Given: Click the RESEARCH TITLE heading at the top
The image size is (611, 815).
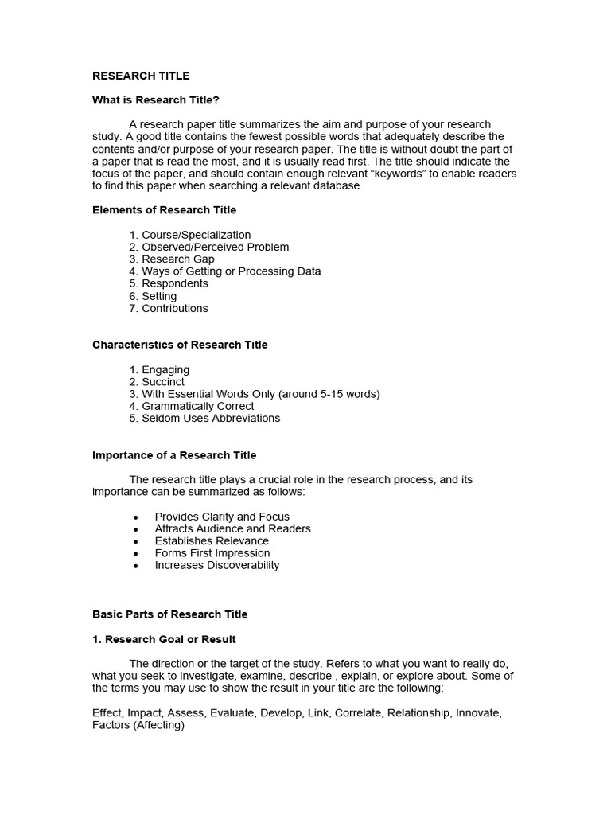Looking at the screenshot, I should [x=141, y=76].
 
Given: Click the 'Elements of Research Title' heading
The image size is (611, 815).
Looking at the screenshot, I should [x=164, y=210].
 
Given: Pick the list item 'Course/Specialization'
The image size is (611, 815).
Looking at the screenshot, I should [x=196, y=235].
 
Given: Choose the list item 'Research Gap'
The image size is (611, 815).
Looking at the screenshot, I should [x=177, y=259].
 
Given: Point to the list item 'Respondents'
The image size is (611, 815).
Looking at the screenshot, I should [x=174, y=283].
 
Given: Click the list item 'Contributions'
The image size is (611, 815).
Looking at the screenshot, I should [x=174, y=308].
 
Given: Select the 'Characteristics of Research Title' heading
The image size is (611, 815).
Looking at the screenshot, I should [x=180, y=345].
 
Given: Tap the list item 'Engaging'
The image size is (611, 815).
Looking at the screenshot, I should [x=165, y=369].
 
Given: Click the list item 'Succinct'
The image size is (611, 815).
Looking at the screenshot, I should [x=163, y=381].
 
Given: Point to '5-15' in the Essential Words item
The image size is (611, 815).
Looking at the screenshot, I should [x=329, y=394].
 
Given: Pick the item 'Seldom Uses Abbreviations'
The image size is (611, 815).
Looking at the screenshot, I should [x=211, y=418].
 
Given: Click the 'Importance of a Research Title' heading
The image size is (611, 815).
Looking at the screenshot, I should [x=174, y=455].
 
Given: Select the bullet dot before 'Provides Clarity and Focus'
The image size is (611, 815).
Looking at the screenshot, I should [x=136, y=517].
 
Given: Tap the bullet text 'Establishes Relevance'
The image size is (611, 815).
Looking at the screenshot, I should [x=212, y=540].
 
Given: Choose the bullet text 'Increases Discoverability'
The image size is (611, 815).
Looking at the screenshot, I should [x=217, y=565].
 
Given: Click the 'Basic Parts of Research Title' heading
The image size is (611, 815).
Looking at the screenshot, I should [x=169, y=614].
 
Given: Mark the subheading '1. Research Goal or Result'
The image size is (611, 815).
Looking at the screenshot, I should [x=164, y=639].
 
